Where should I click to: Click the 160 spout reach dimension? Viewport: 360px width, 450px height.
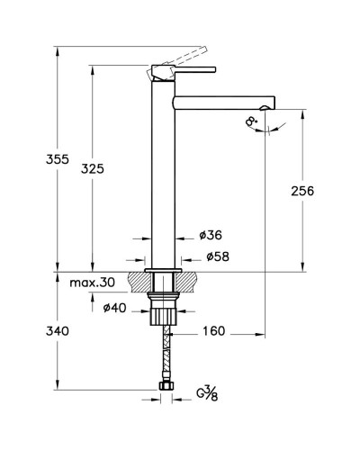tap(213, 331)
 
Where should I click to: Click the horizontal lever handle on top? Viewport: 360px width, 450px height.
tap(193, 67)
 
